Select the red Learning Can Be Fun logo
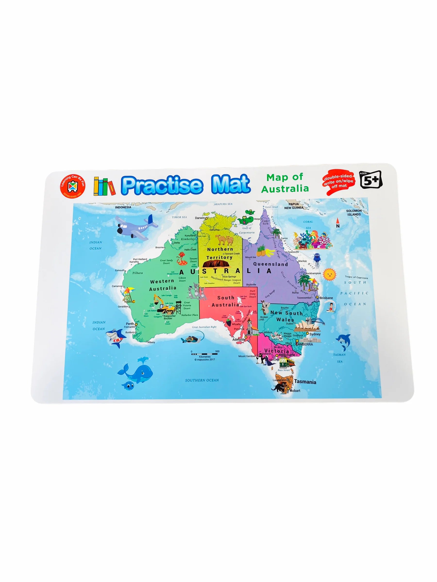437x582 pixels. [x=72, y=186]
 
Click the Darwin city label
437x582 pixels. [x=200, y=218]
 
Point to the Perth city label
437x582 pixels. [x=130, y=324]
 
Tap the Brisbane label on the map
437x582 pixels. [x=326, y=298]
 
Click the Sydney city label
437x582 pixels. [x=315, y=334]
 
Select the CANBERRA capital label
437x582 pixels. [x=304, y=344]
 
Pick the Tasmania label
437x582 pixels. [x=305, y=382]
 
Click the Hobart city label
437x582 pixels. [x=295, y=391]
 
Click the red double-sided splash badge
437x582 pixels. [x=338, y=181]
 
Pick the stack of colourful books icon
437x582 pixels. [x=104, y=186]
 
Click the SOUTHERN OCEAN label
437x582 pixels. [x=202, y=380]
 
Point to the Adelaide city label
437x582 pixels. [x=239, y=340]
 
